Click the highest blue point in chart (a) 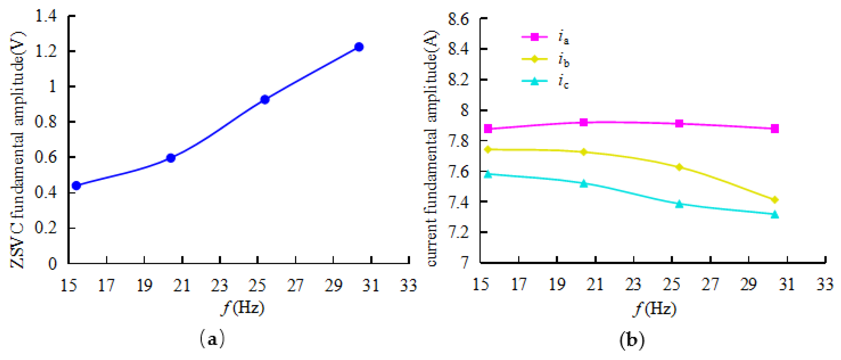point(359,47)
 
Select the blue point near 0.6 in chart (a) point(171,158)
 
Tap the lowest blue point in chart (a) point(76,185)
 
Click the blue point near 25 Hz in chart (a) point(265,100)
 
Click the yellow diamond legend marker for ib point(535,59)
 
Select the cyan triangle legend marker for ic point(535,81)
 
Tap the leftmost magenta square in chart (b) point(488,128)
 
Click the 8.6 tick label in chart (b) point(458,19)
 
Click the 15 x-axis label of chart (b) point(481,285)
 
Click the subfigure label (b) point(632,340)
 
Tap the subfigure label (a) point(212,339)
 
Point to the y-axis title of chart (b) point(432,148)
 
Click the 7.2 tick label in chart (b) point(458,232)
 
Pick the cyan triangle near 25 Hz point(679,204)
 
